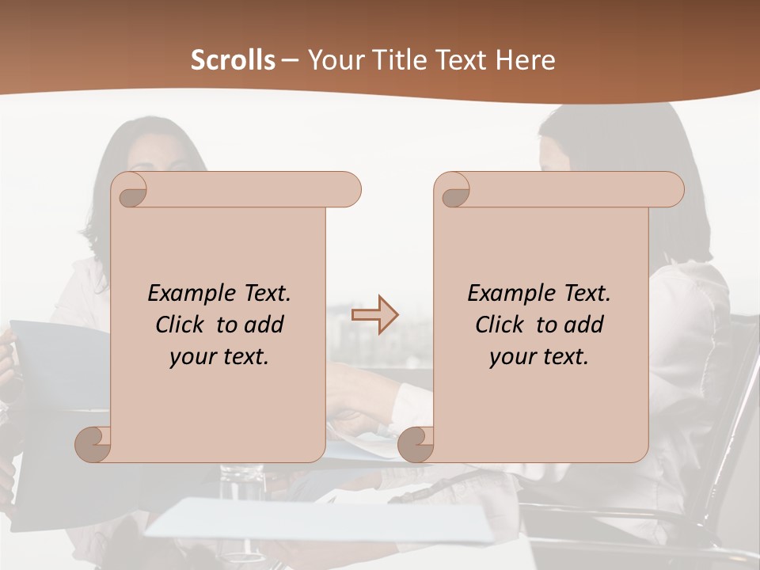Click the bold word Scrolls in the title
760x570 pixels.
tap(233, 60)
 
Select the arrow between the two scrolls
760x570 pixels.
tap(374, 315)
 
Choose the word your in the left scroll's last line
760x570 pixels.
tap(192, 357)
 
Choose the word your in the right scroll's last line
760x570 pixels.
tap(512, 357)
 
